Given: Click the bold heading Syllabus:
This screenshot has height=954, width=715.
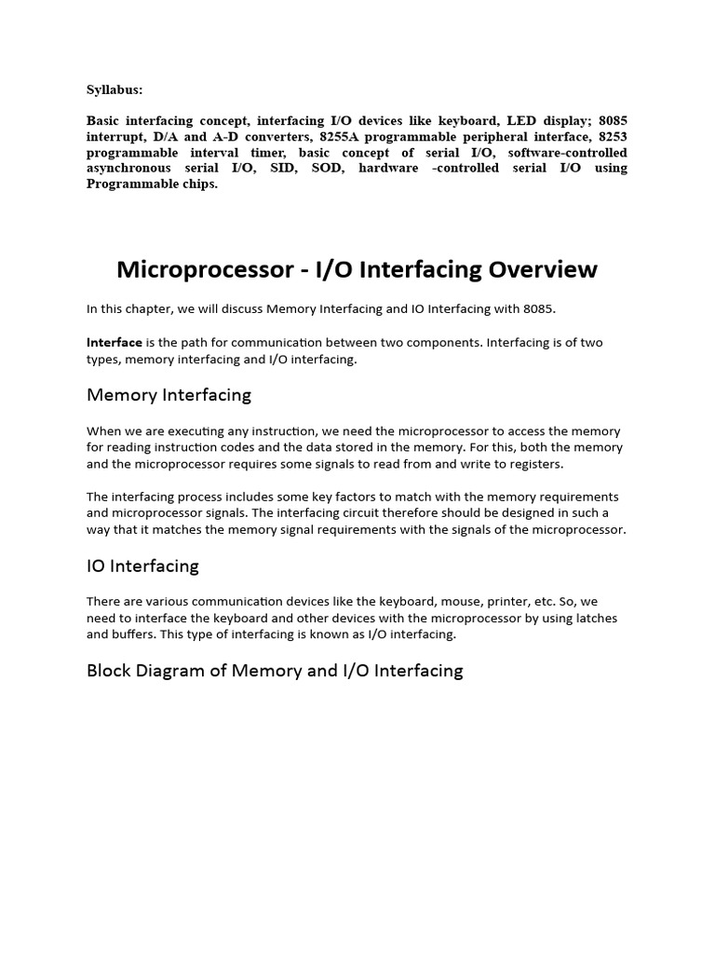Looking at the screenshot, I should pos(115,90).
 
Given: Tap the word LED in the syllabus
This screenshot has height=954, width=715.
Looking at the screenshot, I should pos(521,121).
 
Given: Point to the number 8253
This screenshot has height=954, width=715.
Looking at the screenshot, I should pos(611,137).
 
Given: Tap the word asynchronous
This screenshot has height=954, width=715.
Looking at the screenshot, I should pos(128,169).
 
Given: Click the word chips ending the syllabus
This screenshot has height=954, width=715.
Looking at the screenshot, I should pos(200,184).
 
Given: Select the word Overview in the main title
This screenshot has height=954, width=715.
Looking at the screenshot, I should pos(533,270).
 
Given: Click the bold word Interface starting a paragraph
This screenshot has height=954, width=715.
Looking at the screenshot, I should pos(115,343).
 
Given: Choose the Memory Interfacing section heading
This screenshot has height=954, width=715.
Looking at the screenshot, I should pos(169,395).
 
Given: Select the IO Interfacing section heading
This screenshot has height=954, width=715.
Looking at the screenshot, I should pos(142,566).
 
